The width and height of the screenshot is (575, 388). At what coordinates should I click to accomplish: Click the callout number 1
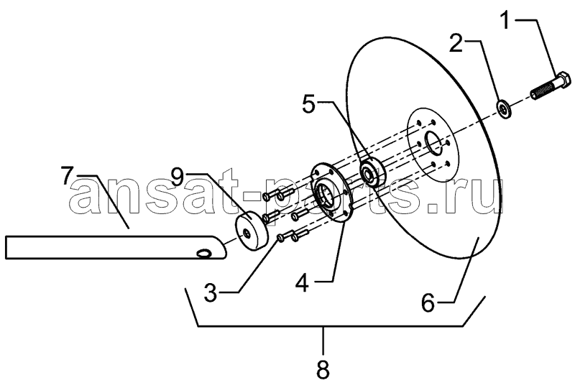coord(506,20)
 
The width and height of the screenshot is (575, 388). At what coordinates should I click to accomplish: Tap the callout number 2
coord(456,44)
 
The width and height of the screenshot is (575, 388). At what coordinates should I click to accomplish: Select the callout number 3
coord(211,293)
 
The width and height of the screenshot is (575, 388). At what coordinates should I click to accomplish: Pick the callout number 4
coord(302,283)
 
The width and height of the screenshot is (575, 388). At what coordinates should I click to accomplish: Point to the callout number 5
coord(309,104)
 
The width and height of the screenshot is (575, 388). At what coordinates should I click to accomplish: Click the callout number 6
coord(428,303)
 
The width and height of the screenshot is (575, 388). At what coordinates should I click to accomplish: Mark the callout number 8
coord(323,370)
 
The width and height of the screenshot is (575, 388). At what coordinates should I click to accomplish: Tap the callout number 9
coord(178,179)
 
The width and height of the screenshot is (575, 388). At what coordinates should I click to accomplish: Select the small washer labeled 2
coord(504,109)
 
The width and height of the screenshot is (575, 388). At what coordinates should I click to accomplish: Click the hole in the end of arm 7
coord(203,253)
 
